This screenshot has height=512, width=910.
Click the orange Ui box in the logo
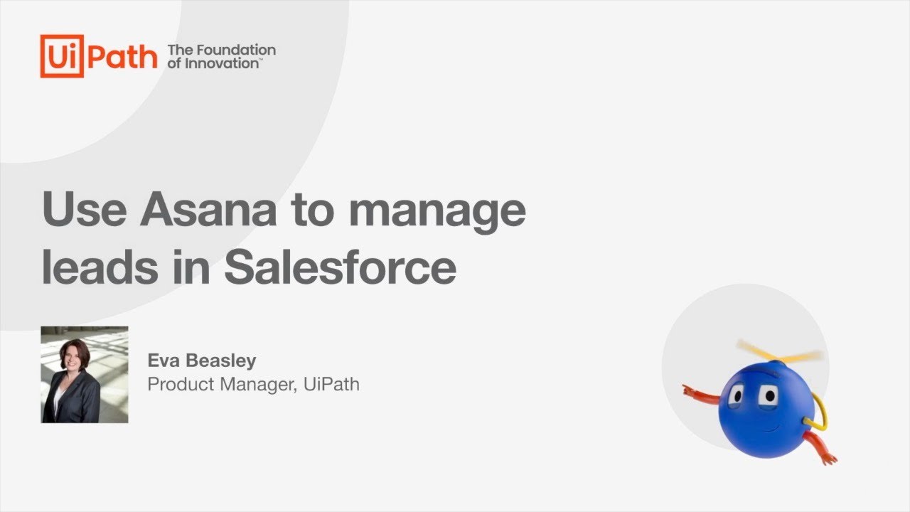[62, 56]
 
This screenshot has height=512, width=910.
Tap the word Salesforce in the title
[340, 267]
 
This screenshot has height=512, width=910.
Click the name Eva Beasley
[201, 361]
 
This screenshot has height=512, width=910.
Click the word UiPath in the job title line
[331, 385]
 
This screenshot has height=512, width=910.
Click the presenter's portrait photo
[85, 375]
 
